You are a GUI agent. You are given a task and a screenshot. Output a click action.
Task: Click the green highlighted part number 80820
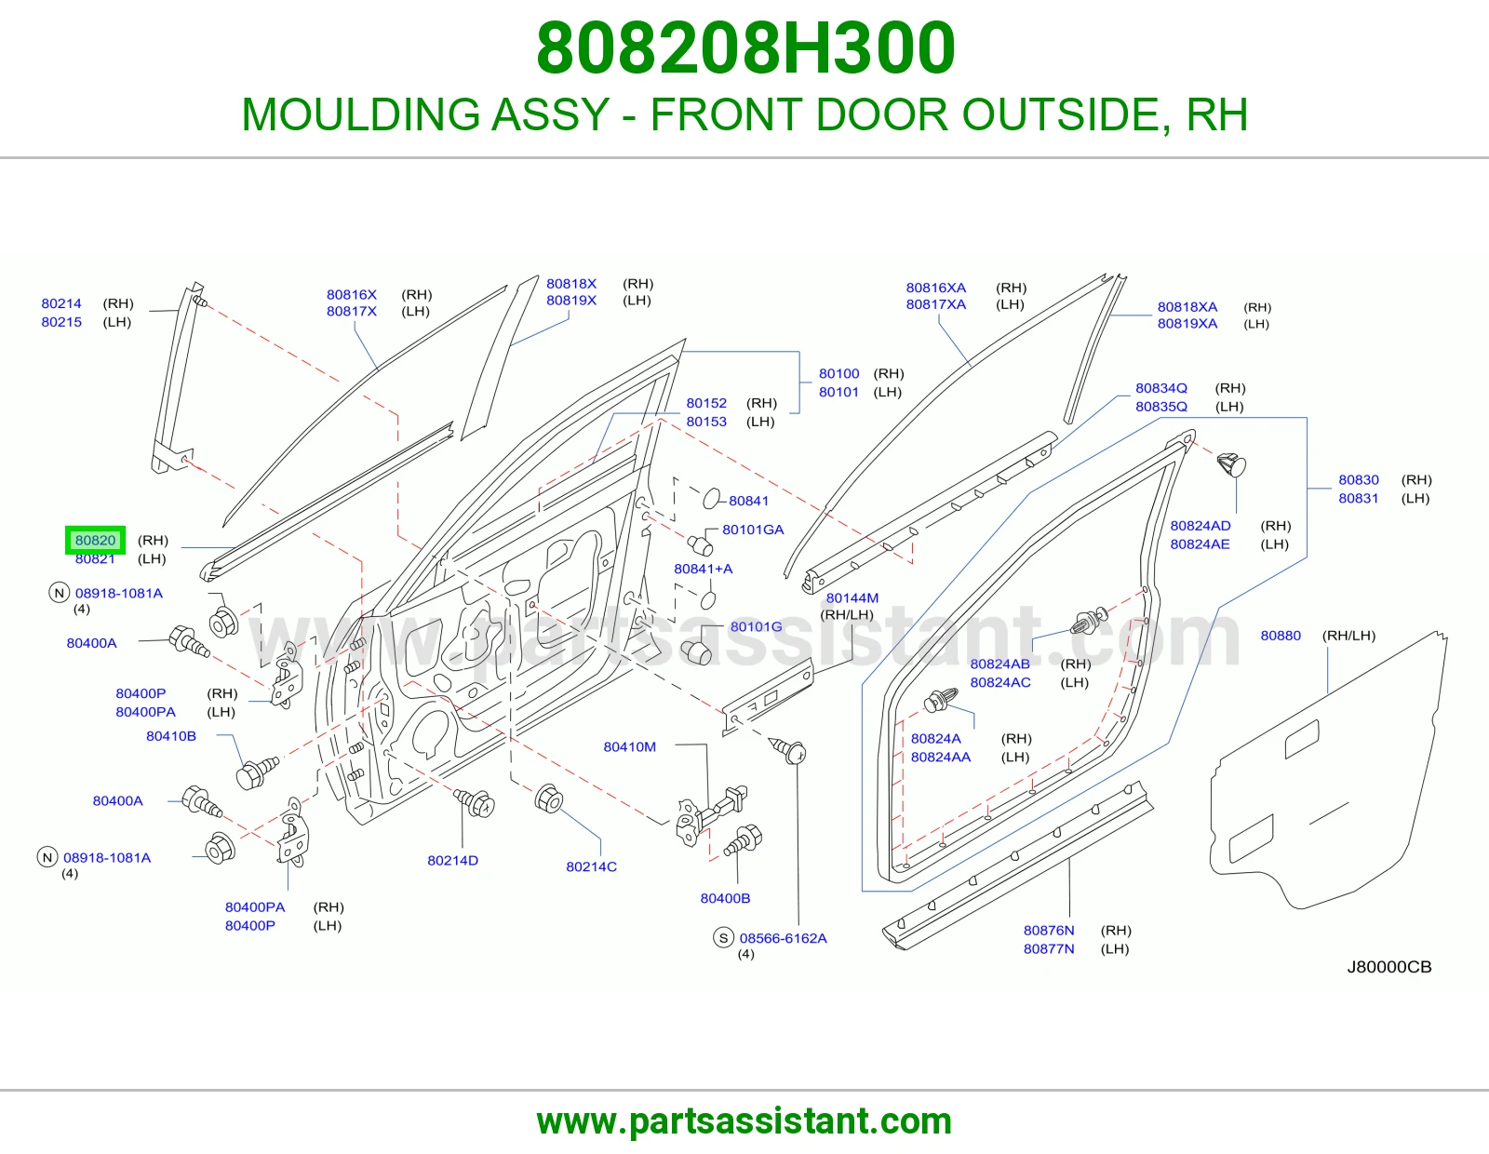click(x=95, y=540)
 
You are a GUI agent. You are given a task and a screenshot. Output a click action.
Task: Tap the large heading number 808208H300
click(x=745, y=47)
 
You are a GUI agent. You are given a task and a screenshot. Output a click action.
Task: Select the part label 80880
click(x=1280, y=636)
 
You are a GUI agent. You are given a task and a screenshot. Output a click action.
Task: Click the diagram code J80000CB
click(x=1388, y=966)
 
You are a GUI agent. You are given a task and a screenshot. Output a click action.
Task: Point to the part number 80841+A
click(x=703, y=568)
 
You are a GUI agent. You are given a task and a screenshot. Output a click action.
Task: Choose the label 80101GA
click(x=752, y=529)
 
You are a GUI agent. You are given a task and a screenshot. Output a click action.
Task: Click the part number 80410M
click(x=629, y=746)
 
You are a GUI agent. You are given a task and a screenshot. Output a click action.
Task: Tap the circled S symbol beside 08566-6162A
click(x=724, y=937)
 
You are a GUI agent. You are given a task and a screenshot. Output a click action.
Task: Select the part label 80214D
click(x=452, y=860)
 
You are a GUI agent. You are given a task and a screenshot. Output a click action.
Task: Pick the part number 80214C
click(x=591, y=866)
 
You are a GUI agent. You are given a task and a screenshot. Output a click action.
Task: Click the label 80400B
click(x=725, y=898)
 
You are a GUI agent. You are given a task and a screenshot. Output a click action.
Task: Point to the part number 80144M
click(x=852, y=597)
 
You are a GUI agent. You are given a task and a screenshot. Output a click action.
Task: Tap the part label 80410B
click(x=170, y=735)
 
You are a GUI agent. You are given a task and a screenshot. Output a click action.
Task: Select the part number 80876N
click(x=1049, y=930)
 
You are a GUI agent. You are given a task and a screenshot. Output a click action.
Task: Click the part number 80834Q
click(x=1160, y=388)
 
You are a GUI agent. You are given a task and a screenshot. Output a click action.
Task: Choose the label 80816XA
click(x=935, y=288)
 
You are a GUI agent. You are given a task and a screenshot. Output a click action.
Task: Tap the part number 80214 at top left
click(x=61, y=302)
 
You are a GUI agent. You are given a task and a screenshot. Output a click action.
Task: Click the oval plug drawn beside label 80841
click(x=712, y=498)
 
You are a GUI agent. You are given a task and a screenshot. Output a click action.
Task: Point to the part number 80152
click(x=705, y=403)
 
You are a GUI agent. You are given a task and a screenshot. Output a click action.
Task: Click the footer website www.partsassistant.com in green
click(x=744, y=1121)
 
